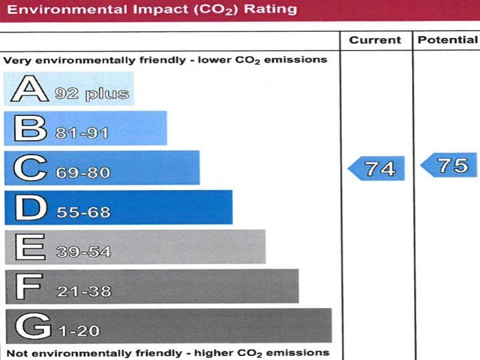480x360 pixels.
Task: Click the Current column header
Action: [x=375, y=40]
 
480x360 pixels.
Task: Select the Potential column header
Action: [x=447, y=40]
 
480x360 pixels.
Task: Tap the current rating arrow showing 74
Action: [x=376, y=168]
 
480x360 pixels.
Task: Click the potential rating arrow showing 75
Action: [x=448, y=165]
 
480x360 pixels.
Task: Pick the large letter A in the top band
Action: [x=25, y=89]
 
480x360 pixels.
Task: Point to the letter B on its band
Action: [x=25, y=129]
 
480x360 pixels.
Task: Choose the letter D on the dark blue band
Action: [x=25, y=208]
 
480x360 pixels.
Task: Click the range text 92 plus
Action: [x=92, y=94]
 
